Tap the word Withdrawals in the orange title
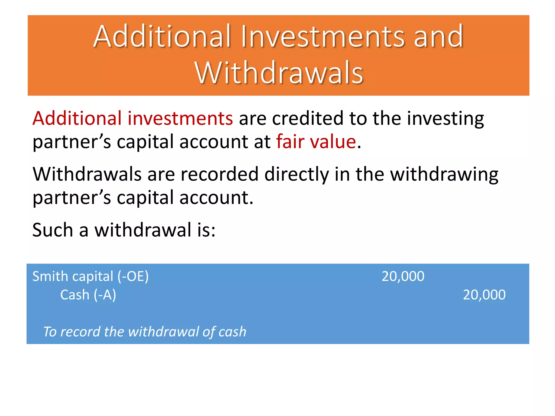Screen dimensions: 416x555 (x=279, y=73)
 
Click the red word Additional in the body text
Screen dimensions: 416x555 (x=77, y=118)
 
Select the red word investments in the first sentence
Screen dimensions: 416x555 (x=180, y=118)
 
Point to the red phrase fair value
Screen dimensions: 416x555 (x=316, y=142)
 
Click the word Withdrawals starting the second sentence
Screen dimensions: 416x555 (x=87, y=174)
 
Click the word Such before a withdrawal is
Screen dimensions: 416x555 (x=53, y=230)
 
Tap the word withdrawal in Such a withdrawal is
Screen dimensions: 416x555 (x=143, y=230)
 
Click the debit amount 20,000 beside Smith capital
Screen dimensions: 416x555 (x=403, y=277)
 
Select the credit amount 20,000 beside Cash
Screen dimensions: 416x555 (x=484, y=295)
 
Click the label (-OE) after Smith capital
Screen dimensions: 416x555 (x=133, y=277)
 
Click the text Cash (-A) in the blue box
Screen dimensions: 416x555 (x=88, y=295)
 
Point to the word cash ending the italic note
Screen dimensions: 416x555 (x=232, y=332)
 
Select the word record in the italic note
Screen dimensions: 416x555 (x=80, y=332)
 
